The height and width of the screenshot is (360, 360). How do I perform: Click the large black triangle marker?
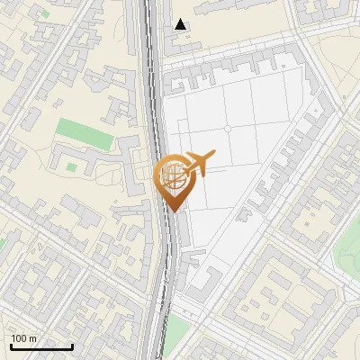(x=181, y=24)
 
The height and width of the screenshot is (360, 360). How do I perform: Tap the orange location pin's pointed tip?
(x=173, y=211)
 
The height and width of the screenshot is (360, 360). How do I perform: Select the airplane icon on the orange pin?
(x=198, y=163)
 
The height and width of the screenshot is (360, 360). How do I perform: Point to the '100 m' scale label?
(x=24, y=338)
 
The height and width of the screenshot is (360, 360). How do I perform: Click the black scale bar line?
(x=41, y=346)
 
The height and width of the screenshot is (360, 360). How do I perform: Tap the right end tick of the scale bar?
(x=72, y=345)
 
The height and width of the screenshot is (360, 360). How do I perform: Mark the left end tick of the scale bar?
(x=11, y=345)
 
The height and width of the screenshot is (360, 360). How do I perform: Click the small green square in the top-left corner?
(x=44, y=14)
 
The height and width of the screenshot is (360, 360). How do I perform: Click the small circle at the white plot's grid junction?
(x=228, y=129)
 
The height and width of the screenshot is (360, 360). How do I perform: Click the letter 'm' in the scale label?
(x=33, y=338)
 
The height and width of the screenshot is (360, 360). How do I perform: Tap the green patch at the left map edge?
(x=3, y=244)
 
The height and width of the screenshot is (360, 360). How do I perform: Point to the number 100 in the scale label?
(x=20, y=338)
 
